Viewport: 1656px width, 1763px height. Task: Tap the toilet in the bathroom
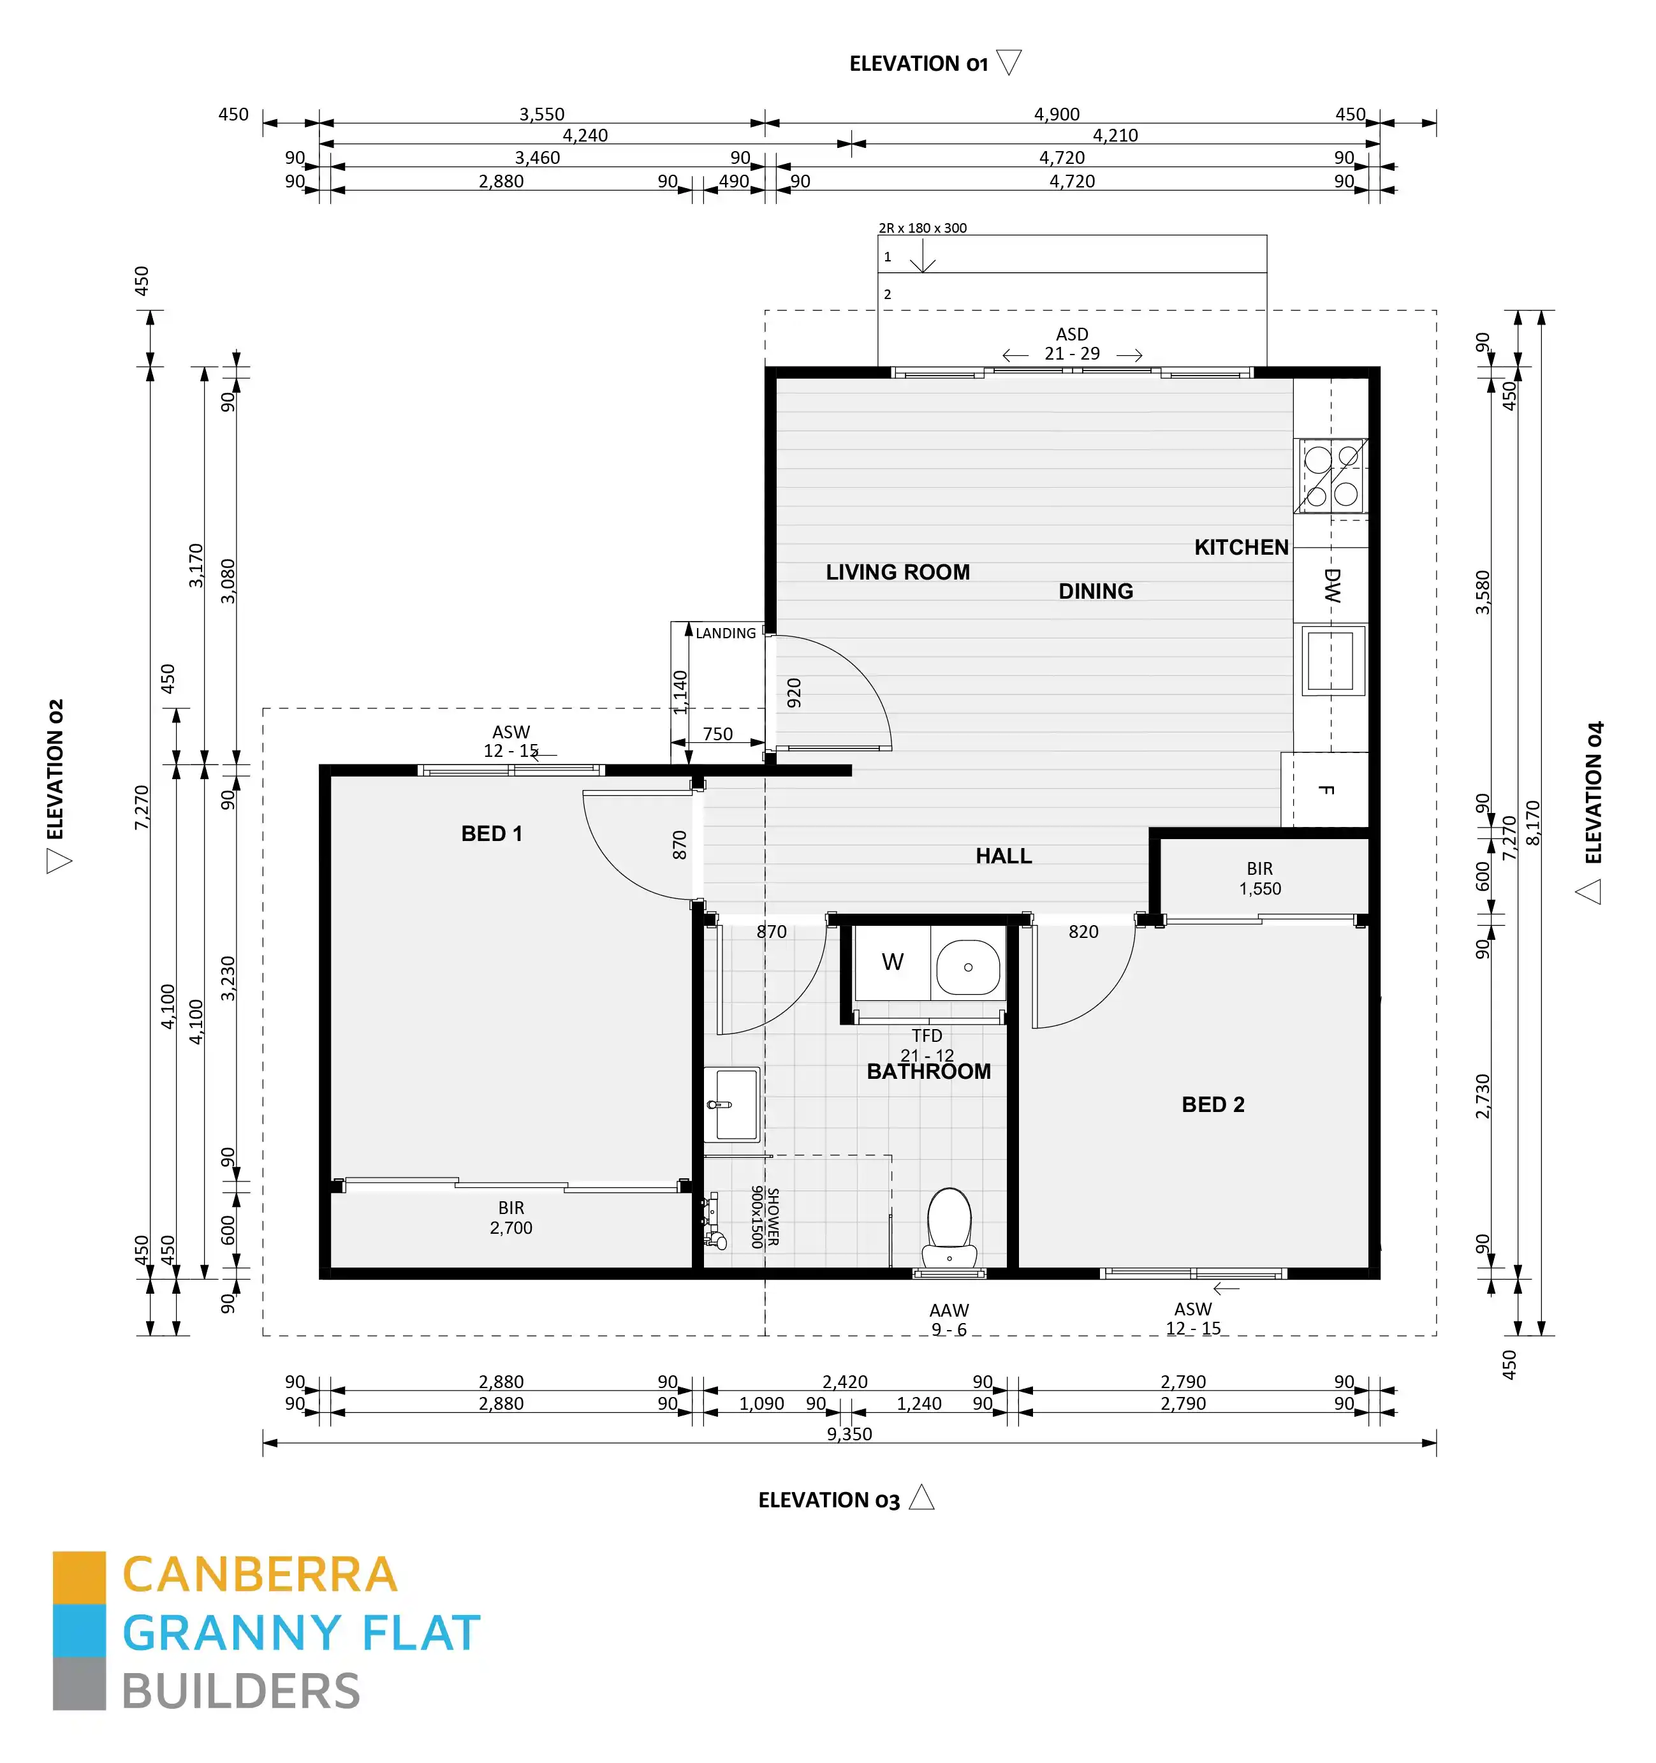[948, 1227]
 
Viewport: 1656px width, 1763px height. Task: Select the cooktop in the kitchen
[1331, 476]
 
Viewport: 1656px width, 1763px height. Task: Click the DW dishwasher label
[1331, 585]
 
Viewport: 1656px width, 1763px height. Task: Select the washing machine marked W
[892, 962]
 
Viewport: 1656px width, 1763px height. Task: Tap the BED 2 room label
[1212, 1104]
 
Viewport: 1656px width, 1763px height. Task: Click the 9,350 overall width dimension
[849, 1434]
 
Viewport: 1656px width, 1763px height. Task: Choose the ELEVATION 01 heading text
[918, 64]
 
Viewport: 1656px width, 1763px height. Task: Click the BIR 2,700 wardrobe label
[511, 1218]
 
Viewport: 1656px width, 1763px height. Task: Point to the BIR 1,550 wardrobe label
[1259, 878]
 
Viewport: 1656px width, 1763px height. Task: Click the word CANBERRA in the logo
[259, 1575]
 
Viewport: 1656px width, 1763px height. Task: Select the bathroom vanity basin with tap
[732, 1103]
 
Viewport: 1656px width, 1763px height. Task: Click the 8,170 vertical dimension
[1533, 822]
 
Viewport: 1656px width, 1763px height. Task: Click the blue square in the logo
[79, 1630]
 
